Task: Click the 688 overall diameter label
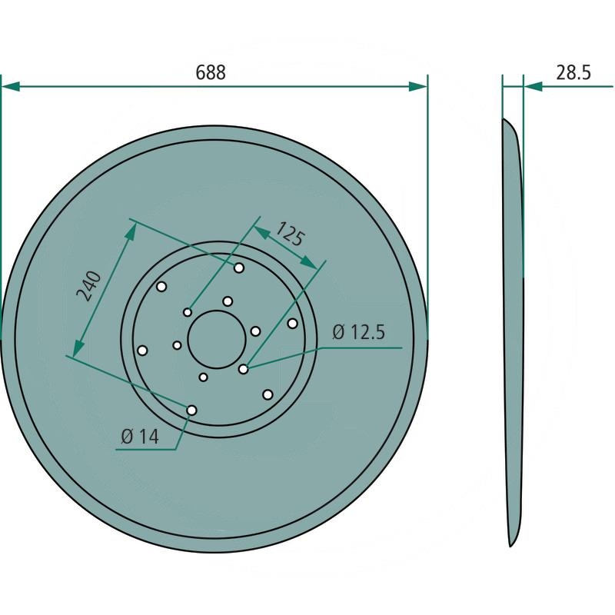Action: pos(211,73)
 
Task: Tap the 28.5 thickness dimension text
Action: pos(573,73)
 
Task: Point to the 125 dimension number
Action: pos(290,234)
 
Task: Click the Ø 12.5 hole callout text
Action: pos(359,332)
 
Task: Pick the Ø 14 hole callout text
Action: pos(140,437)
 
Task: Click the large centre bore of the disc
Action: pos(217,339)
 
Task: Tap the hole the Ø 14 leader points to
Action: pos(191,411)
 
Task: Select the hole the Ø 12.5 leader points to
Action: pos(243,369)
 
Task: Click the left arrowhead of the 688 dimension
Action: pos(11,86)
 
